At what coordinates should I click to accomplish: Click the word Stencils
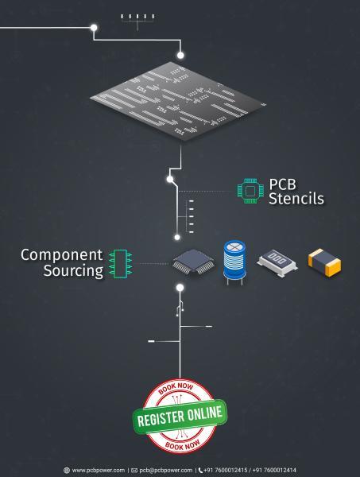(x=296, y=198)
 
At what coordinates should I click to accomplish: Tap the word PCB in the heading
(x=282, y=184)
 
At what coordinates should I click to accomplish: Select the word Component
(x=61, y=255)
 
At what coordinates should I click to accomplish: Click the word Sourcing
(x=73, y=271)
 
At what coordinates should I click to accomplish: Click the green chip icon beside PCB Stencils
(x=250, y=191)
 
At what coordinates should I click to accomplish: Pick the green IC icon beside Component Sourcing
(x=121, y=264)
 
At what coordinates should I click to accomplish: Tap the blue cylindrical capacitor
(x=234, y=262)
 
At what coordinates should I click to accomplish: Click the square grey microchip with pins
(x=193, y=262)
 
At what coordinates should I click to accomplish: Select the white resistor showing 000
(x=277, y=263)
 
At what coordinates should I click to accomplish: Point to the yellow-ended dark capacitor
(x=324, y=262)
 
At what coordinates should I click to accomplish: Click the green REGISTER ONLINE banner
(x=180, y=417)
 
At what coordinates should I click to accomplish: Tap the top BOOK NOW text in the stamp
(x=176, y=388)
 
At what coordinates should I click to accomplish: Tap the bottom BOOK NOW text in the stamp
(x=183, y=446)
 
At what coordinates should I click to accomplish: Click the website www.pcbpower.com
(x=99, y=470)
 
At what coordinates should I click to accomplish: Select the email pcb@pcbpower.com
(x=166, y=470)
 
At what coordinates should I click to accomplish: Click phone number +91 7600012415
(x=226, y=470)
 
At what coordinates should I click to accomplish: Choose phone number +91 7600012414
(x=274, y=470)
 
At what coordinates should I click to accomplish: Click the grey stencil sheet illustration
(x=178, y=101)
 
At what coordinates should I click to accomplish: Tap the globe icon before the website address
(x=67, y=471)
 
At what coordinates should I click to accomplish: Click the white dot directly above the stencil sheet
(x=180, y=56)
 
